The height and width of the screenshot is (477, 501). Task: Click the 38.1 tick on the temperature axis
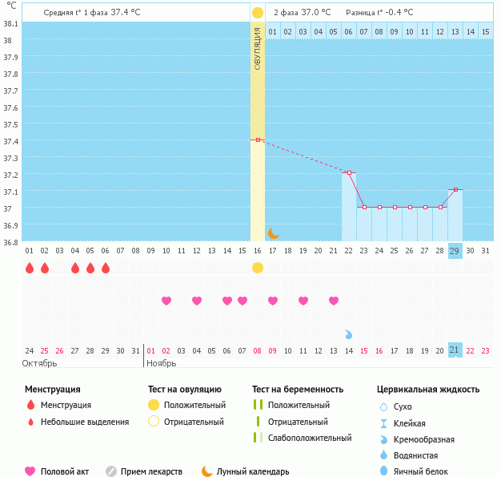point(12,23)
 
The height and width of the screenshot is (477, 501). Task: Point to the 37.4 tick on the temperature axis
point(12,141)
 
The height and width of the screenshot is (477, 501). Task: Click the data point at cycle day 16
point(258,140)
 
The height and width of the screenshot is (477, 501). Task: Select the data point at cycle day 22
point(349,172)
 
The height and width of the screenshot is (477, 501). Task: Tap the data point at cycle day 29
point(455,190)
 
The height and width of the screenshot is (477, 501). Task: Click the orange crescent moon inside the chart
point(274,232)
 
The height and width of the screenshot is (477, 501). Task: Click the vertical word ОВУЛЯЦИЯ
point(258,48)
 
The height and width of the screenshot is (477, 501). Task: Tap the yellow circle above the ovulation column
point(258,13)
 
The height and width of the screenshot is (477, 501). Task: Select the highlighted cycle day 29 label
point(455,251)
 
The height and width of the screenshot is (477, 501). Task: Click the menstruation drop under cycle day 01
point(30,268)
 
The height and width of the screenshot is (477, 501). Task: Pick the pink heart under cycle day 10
point(166,301)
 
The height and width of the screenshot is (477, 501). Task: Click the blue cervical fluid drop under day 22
point(349,333)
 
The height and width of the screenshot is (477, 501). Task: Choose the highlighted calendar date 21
point(455,350)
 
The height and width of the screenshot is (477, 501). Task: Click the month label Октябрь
point(40,363)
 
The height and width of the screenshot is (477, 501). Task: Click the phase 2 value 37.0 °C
point(316,13)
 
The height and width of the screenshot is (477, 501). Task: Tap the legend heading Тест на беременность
point(298,389)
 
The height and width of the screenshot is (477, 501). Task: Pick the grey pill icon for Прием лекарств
point(112,471)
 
